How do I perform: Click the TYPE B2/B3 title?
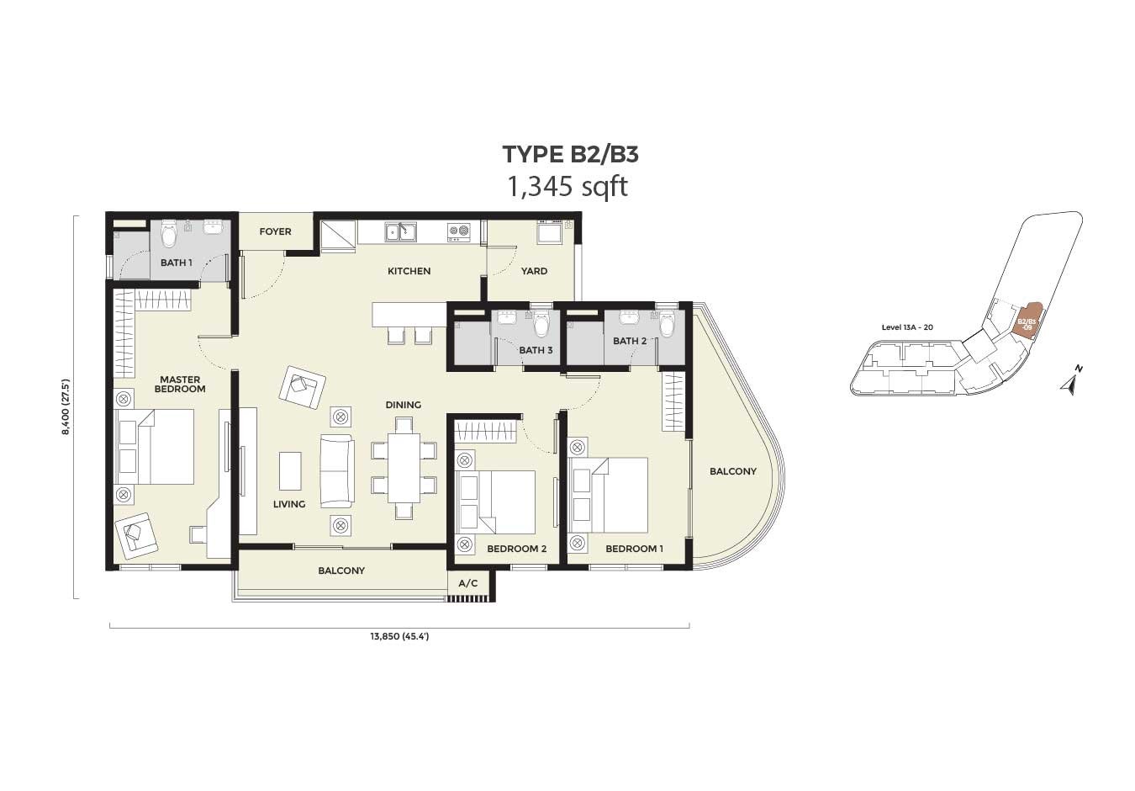(x=570, y=155)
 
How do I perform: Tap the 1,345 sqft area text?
(x=567, y=187)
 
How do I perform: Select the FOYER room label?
(x=275, y=231)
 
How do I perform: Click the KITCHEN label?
(x=409, y=271)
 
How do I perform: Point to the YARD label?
(x=534, y=271)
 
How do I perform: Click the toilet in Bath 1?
(x=168, y=233)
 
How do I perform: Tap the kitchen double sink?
(x=400, y=232)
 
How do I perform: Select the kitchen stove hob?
(x=458, y=231)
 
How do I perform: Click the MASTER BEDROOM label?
(x=180, y=385)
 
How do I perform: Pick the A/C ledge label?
(x=467, y=584)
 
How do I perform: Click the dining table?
(x=404, y=468)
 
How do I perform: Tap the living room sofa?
(x=337, y=471)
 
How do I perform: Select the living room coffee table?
(x=290, y=471)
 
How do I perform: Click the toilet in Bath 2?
(x=668, y=323)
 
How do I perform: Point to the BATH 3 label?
(x=536, y=350)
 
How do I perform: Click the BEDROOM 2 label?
(x=517, y=549)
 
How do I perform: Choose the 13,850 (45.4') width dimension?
(x=399, y=636)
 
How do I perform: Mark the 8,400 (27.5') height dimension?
(x=66, y=406)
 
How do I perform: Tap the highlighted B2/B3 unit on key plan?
(x=1026, y=326)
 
